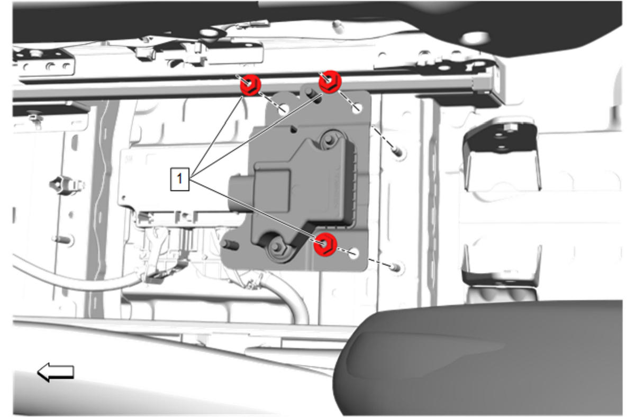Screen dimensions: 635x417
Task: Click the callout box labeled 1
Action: tap(179, 179)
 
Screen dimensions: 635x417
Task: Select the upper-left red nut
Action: tap(250, 85)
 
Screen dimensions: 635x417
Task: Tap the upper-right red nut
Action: tap(330, 81)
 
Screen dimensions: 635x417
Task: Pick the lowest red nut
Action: tap(325, 244)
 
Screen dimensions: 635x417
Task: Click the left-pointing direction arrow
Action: tap(56, 372)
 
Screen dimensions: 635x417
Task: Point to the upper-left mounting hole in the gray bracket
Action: tap(284, 109)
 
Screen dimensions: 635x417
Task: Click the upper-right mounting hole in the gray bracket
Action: tap(357, 108)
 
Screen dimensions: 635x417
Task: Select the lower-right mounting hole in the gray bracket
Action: tap(353, 253)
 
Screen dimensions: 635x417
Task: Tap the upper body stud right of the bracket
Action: tap(397, 152)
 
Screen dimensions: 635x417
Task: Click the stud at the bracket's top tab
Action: tap(310, 93)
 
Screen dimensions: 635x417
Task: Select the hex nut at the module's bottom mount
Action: tap(276, 247)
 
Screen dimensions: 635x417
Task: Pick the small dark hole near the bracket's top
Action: tap(294, 130)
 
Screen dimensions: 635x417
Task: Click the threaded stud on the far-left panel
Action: tap(63, 240)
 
